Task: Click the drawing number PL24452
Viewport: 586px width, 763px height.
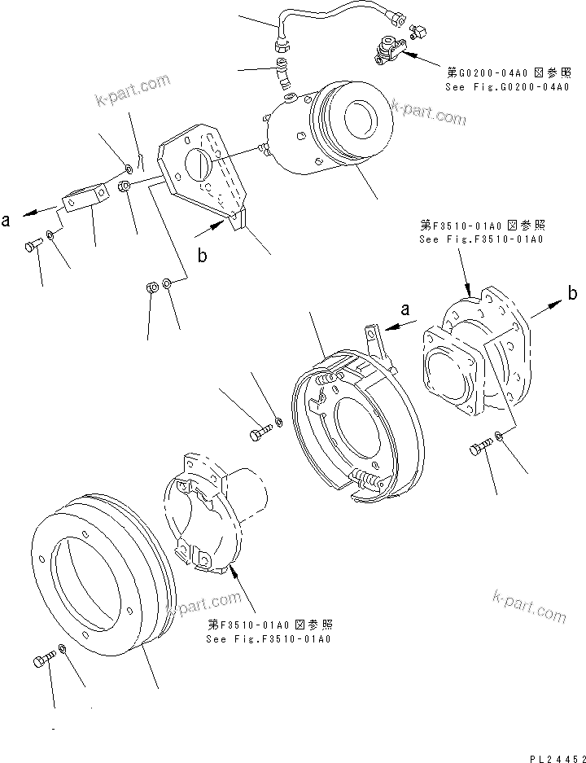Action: pyautogui.click(x=550, y=752)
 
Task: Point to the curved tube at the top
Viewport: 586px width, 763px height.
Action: pyautogui.click(x=334, y=13)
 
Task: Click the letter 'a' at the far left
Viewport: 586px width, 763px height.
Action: pyautogui.click(x=7, y=219)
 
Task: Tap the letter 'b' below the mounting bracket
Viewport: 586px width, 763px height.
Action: pyautogui.click(x=202, y=255)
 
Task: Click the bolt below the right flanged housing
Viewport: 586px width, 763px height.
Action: pyautogui.click(x=479, y=446)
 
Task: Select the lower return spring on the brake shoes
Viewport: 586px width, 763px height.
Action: pyautogui.click(x=365, y=482)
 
